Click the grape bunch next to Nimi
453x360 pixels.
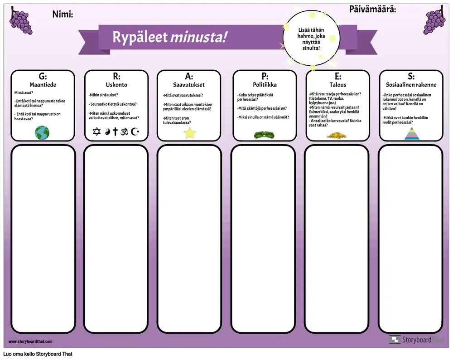[x=21, y=21]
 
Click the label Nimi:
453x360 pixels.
[x=63, y=14]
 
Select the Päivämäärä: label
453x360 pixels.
[x=373, y=9]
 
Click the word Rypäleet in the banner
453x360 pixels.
[x=140, y=37]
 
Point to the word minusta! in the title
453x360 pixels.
[x=198, y=37]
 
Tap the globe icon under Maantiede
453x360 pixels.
[x=42, y=133]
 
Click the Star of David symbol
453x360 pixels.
[x=97, y=131]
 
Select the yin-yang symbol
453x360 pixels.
[x=107, y=132]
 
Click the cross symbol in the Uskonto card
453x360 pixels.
[x=115, y=131]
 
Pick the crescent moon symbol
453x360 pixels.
[x=135, y=131]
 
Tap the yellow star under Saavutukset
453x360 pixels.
[x=190, y=133]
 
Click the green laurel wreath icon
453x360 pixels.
[x=264, y=135]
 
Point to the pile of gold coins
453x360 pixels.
[x=337, y=135]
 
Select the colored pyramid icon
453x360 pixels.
[x=412, y=134]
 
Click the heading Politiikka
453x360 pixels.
[x=265, y=85]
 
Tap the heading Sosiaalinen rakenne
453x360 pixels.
[x=411, y=85]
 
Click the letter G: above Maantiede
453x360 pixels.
[x=43, y=76]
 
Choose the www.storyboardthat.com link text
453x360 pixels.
[x=30, y=341]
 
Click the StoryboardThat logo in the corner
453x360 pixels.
[x=416, y=340]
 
